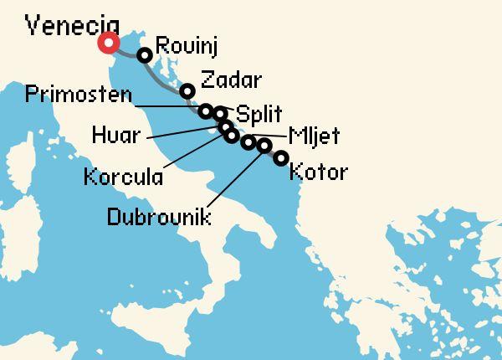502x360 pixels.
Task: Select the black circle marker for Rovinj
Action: pos(145,55)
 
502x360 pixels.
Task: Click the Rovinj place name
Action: pos(187,49)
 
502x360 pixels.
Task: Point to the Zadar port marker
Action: pos(187,90)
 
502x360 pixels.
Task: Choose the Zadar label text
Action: pos(231,82)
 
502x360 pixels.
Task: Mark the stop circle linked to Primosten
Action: pos(206,110)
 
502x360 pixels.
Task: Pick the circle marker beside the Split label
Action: pos(220,114)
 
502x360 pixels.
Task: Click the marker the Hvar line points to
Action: pos(226,126)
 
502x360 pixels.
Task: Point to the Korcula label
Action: pos(123,177)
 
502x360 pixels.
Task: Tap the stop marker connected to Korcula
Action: pos(232,136)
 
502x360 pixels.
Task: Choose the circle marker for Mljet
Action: pos(248,142)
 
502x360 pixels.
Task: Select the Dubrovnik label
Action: pos(159,217)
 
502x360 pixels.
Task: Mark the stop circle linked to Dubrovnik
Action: pos(264,147)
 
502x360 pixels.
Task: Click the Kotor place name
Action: pos(317,173)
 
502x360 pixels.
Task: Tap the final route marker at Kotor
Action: pos(281,157)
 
